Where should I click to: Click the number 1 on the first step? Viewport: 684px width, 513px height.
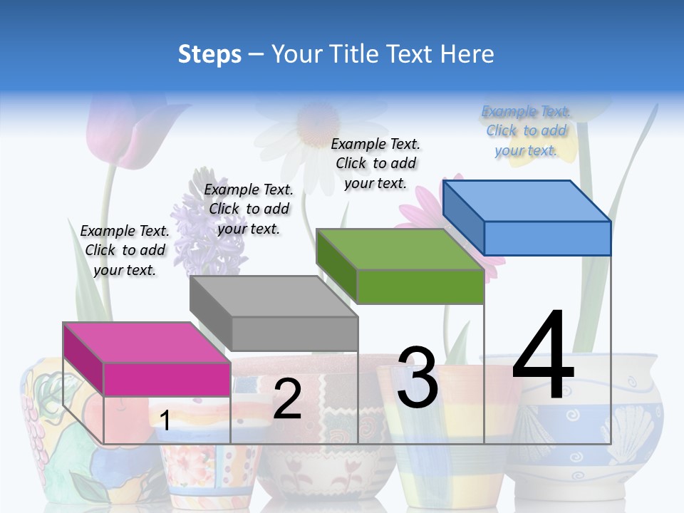[165, 421]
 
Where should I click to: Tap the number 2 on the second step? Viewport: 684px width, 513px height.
[287, 399]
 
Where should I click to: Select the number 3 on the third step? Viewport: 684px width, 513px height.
[418, 378]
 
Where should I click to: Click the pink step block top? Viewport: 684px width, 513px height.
[147, 343]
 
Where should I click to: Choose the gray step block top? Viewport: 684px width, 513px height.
[274, 296]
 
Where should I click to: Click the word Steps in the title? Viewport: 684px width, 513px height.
[209, 53]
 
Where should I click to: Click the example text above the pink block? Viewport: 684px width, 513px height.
[125, 250]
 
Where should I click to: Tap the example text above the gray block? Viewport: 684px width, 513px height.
[249, 209]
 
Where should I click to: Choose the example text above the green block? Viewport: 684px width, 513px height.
[375, 163]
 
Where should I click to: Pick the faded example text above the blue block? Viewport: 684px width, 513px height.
[526, 130]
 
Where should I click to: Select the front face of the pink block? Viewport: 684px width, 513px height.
[167, 378]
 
